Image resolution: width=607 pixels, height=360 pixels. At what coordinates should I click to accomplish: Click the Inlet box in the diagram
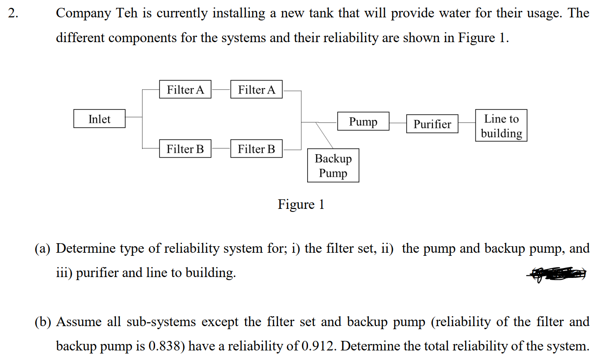tap(100, 119)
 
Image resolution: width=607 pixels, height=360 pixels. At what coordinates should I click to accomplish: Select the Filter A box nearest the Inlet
tap(185, 89)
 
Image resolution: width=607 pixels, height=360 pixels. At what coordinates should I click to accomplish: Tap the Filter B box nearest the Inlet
tap(185, 149)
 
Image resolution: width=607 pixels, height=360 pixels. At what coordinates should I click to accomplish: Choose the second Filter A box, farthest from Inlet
tap(256, 89)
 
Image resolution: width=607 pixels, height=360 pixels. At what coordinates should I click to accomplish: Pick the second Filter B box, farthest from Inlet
tap(256, 149)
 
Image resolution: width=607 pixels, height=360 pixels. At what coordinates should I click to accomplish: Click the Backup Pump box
tap(333, 165)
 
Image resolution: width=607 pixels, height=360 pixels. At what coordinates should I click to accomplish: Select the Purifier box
tap(432, 124)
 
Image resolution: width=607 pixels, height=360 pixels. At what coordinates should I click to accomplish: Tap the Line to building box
tap(501, 126)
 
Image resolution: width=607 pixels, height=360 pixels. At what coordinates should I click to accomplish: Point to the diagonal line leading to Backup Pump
tap(324, 135)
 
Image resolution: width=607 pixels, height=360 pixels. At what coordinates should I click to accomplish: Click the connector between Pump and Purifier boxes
tap(398, 123)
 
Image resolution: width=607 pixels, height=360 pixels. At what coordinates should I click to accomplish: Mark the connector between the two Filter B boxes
tap(221, 149)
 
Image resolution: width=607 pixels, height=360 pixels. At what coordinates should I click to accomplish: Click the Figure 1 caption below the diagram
tap(301, 204)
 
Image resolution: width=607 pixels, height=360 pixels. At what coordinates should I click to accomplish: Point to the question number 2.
tap(13, 13)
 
